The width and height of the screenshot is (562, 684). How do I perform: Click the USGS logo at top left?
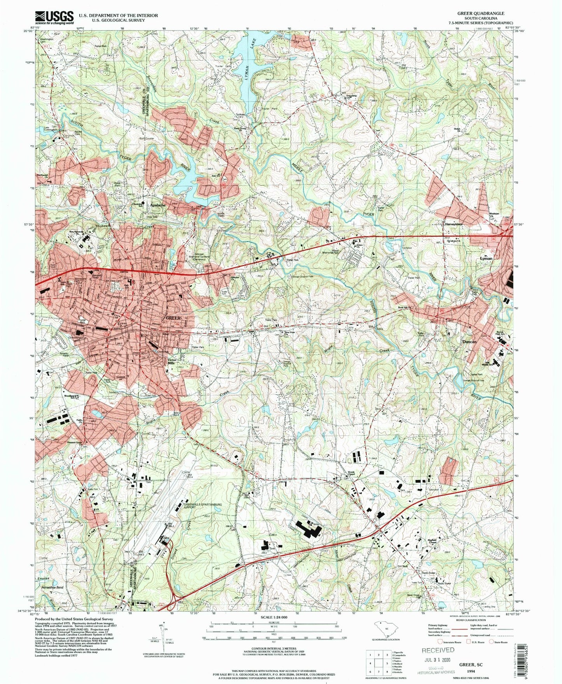pyautogui.click(x=54, y=17)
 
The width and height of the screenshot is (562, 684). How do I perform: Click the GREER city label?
pyautogui.click(x=173, y=318)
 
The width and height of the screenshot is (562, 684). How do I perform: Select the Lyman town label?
pyautogui.click(x=486, y=258)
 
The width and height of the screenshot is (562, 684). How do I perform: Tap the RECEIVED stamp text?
pyautogui.click(x=438, y=650)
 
